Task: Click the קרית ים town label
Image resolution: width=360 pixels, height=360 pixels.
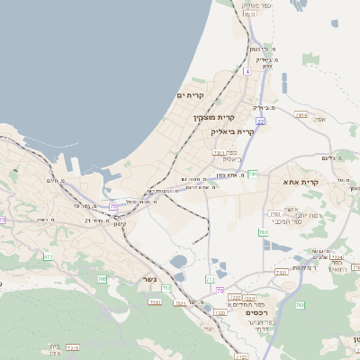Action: click(191, 95)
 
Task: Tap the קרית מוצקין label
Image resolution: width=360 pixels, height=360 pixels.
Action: click(214, 117)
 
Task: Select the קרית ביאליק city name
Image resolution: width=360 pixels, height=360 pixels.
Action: click(232, 131)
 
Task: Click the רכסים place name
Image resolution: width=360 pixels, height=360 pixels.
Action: click(244, 312)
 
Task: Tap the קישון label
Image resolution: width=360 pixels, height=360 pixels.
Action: click(118, 223)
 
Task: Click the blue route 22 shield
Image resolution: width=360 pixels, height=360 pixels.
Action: click(260, 120)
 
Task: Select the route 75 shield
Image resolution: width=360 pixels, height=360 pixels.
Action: click(113, 206)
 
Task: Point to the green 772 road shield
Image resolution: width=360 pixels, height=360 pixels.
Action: click(211, 279)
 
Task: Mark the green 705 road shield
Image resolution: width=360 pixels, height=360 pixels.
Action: click(102, 279)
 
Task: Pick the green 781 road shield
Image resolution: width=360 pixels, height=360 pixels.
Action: click(253, 174)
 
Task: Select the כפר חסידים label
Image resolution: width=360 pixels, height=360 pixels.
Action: click(246, 304)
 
